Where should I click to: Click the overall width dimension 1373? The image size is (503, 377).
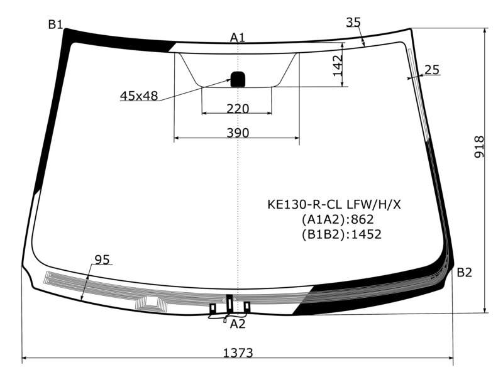(238, 352)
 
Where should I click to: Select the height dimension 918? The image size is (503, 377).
(478, 147)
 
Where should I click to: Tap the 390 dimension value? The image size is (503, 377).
(238, 133)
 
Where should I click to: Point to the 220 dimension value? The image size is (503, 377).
(238, 109)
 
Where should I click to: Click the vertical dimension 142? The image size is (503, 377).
(338, 66)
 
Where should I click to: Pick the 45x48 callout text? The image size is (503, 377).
(139, 96)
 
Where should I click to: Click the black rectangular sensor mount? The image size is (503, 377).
(238, 79)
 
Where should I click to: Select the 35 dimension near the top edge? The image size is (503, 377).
(353, 22)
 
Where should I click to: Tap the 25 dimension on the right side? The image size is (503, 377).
(432, 70)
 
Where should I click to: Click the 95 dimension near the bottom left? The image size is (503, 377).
(102, 260)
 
